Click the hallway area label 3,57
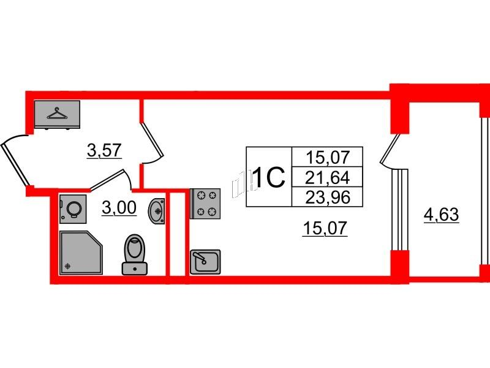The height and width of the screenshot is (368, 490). pos(104,150)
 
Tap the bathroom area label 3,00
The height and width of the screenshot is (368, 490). pos(119,207)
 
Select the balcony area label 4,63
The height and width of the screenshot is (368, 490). pos(441,215)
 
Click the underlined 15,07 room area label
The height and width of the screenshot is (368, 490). pos(325,228)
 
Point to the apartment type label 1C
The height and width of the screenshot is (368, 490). pos(269,177)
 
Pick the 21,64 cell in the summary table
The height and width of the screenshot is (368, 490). pos(327,177)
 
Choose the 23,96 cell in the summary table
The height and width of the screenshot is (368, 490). pos(327,197)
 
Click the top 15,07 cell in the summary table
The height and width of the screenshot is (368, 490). pos(327,157)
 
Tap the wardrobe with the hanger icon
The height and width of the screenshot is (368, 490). pos(57,115)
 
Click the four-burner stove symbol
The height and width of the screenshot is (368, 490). pos(205,204)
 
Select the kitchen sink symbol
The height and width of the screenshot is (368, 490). pos(205,262)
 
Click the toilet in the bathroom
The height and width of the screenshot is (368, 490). pos(134,255)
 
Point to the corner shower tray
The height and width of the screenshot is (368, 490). pos(81,253)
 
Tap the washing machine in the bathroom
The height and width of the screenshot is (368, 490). pos(73,209)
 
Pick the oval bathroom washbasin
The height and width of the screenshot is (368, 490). pos(156,211)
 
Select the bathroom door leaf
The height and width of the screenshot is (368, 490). pos(107,180)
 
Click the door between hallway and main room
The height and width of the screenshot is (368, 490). pos(153,139)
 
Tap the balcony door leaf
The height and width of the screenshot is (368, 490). pos(390,149)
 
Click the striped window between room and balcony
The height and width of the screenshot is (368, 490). pos(400,210)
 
